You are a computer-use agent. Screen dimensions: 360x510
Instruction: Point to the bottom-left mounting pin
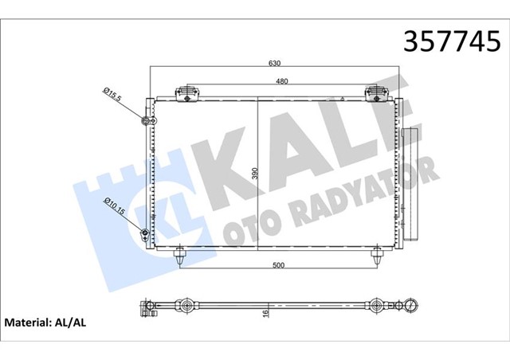[182, 256]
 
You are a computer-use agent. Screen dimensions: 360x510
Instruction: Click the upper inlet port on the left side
[145, 121]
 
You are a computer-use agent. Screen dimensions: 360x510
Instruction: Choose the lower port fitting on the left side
[144, 233]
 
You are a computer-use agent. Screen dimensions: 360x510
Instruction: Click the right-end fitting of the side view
[410, 304]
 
